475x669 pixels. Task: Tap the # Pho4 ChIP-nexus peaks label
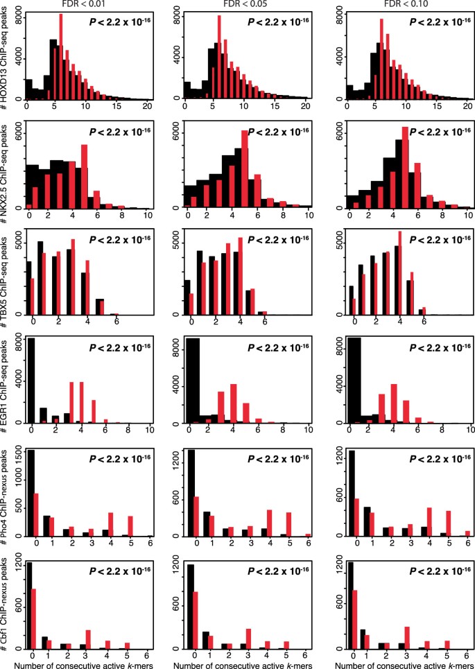point(6,492)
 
